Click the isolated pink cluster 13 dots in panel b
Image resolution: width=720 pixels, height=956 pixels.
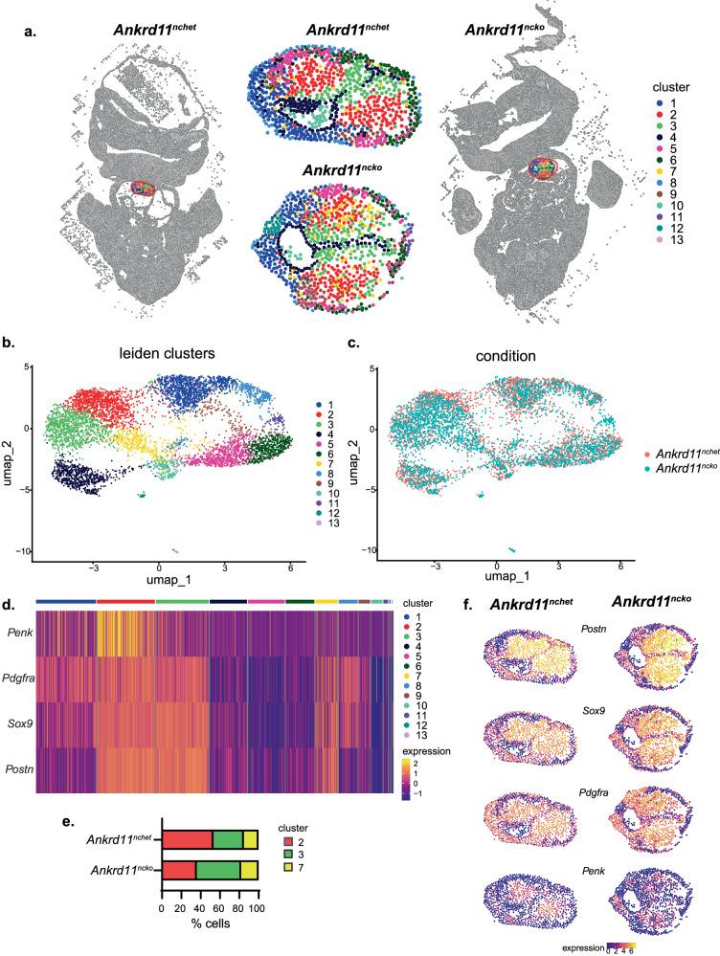point(176,550)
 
